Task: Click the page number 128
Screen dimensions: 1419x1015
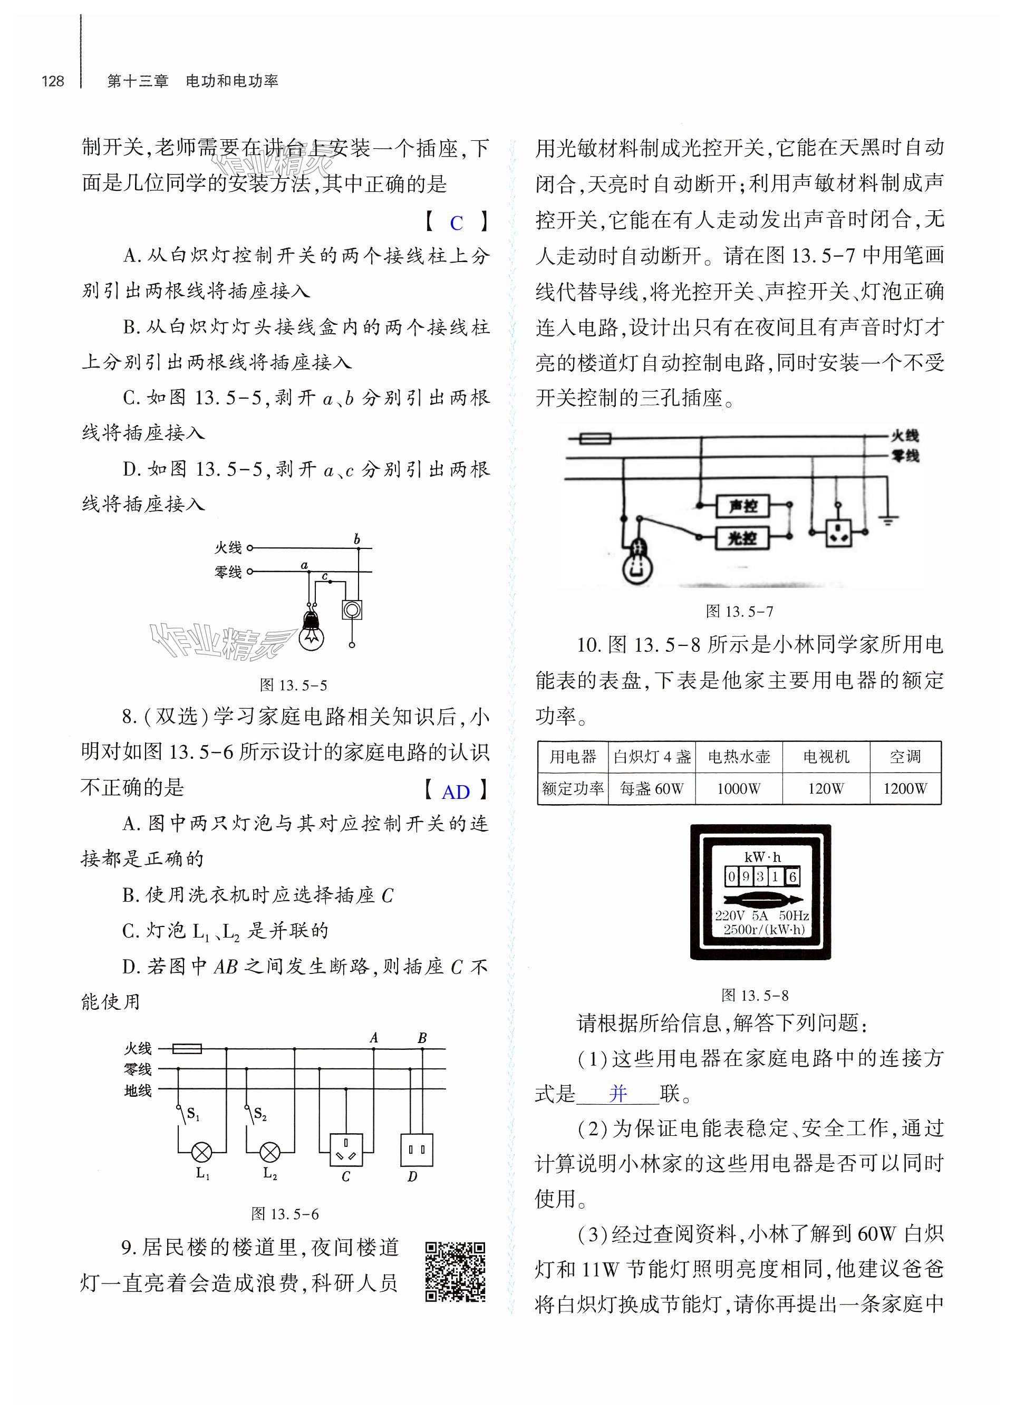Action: (x=53, y=81)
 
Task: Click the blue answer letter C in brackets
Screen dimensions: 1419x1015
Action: (x=456, y=223)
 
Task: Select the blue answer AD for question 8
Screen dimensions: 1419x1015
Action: (x=456, y=792)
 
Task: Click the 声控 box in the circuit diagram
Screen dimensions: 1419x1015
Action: (x=742, y=505)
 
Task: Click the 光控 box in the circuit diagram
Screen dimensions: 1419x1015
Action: (x=742, y=537)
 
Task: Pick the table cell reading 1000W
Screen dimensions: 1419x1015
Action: (x=738, y=789)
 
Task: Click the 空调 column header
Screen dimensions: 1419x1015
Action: (x=905, y=757)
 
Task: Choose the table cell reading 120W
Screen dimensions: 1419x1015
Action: (x=826, y=789)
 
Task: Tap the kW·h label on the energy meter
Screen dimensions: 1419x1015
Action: (x=762, y=857)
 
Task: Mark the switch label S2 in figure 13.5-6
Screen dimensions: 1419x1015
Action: (x=260, y=1114)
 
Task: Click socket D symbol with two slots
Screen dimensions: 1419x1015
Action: (x=416, y=1150)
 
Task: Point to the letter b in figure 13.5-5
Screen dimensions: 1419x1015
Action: (x=357, y=539)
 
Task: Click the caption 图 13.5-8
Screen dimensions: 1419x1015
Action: (x=755, y=995)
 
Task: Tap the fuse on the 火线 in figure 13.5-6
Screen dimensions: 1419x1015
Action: (x=186, y=1048)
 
